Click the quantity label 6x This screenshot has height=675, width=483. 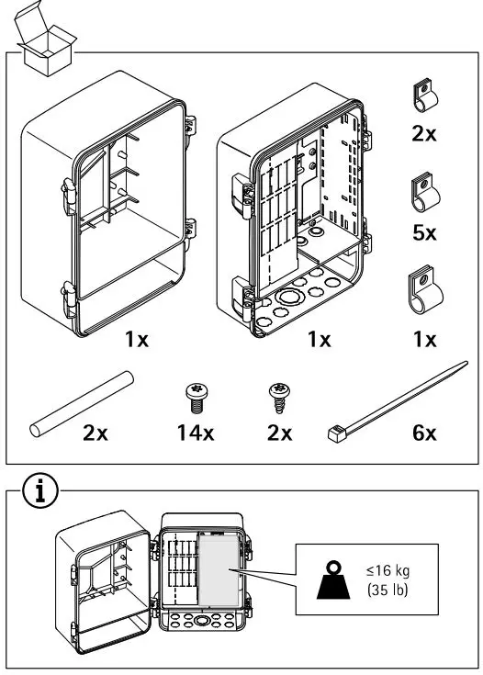424,433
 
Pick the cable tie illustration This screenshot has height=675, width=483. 395,399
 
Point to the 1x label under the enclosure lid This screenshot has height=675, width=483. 136,340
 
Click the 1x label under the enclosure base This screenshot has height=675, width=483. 319,340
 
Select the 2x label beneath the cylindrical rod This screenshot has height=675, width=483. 95,433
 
